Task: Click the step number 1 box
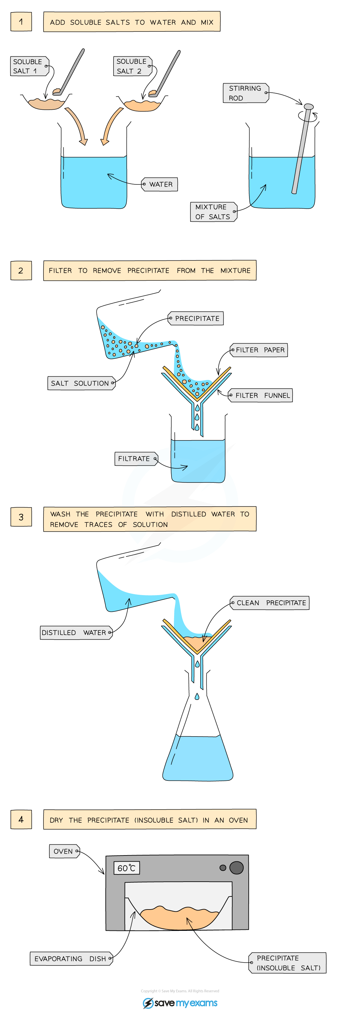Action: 21,22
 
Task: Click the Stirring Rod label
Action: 245,93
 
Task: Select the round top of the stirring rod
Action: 309,107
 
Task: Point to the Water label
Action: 160,184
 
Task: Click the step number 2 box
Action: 21,271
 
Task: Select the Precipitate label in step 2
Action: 196,318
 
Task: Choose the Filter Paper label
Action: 259,350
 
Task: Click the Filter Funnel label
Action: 261,395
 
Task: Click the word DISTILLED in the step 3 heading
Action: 189,514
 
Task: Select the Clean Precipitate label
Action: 270,603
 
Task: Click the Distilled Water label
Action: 76,632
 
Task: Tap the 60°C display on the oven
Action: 126,868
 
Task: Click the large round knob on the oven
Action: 237,868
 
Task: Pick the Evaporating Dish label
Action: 71,959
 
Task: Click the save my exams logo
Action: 180,1003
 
